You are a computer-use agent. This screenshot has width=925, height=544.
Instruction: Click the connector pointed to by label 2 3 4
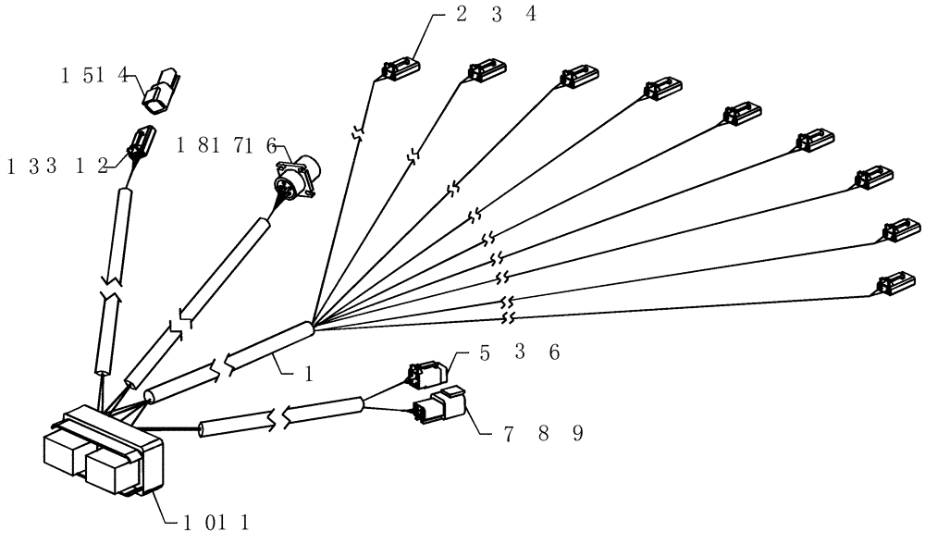(x=400, y=68)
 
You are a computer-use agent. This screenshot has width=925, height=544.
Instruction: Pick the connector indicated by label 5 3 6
(x=427, y=372)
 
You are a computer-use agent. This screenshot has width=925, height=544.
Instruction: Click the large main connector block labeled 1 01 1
(x=105, y=455)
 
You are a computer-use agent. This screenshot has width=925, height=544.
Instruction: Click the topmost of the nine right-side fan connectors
(x=400, y=68)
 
